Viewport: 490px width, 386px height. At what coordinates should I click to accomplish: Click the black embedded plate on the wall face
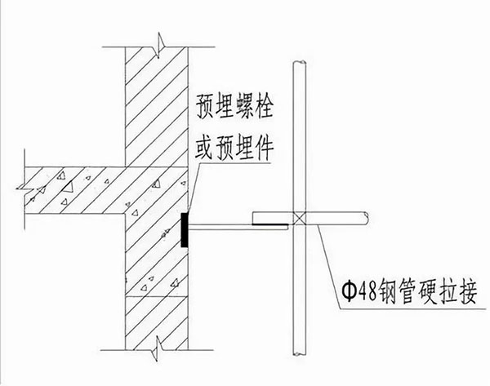click(x=185, y=230)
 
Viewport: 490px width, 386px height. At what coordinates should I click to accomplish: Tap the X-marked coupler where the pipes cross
click(x=300, y=219)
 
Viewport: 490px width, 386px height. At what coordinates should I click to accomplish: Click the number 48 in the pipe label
click(x=367, y=292)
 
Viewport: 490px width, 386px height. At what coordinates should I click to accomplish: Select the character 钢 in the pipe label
click(x=388, y=292)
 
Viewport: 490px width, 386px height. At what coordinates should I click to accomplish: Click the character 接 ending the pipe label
click(x=467, y=292)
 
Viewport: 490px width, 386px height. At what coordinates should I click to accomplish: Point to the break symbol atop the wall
click(x=159, y=46)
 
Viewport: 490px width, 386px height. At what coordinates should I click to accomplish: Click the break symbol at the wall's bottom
click(x=157, y=348)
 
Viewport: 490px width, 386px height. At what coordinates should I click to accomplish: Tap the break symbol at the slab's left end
click(x=24, y=189)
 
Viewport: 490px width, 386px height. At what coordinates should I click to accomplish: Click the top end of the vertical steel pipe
click(x=300, y=63)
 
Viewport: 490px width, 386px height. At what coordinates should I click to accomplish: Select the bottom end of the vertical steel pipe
click(x=300, y=353)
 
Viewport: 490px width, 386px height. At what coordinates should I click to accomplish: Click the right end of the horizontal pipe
click(x=366, y=219)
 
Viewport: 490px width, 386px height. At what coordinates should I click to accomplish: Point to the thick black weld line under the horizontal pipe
click(x=270, y=224)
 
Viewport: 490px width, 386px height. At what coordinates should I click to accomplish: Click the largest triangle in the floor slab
click(x=68, y=188)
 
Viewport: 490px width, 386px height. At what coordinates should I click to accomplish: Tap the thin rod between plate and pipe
click(x=238, y=228)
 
